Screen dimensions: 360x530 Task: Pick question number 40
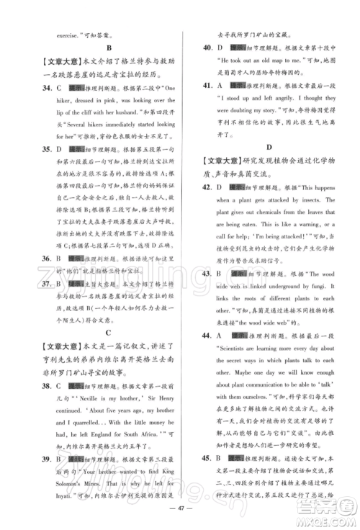pyautogui.click(x=207, y=48)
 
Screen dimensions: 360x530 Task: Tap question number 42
pyautogui.click(x=207, y=187)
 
